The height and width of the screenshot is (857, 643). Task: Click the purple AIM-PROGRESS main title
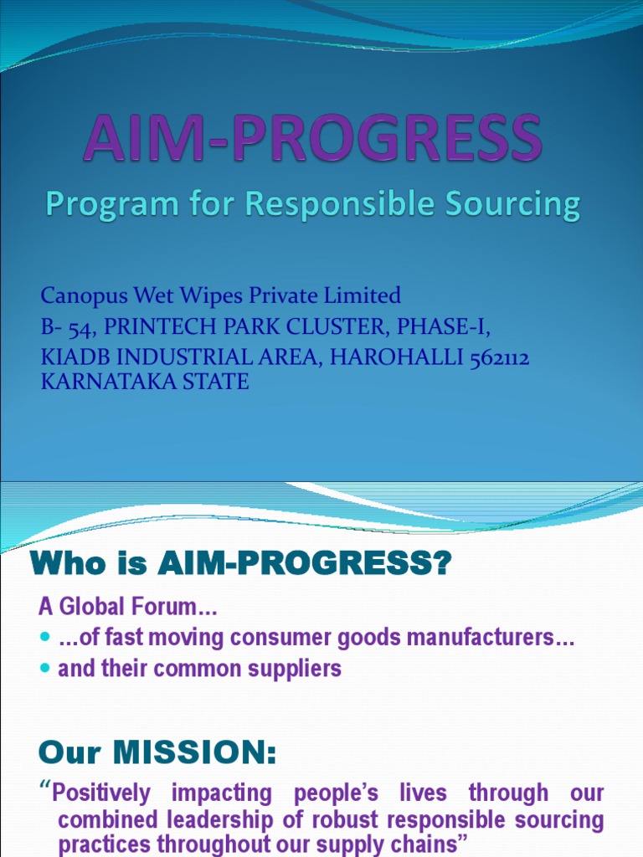(x=311, y=139)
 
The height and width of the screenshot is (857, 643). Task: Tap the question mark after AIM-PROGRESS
(x=442, y=565)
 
